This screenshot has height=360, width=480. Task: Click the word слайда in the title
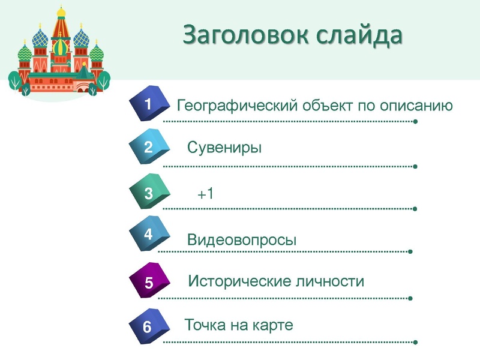[359, 35]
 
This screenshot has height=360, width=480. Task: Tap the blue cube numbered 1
[148, 105]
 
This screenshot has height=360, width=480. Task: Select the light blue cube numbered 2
[148, 148]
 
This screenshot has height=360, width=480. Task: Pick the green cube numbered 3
[148, 193]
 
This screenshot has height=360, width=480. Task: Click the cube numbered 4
[148, 235]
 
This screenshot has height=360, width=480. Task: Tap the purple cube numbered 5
[148, 281]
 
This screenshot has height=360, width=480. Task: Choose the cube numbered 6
[148, 327]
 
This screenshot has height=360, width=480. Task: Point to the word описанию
[415, 106]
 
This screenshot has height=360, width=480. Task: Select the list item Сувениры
[224, 148]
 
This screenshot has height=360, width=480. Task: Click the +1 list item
[205, 194]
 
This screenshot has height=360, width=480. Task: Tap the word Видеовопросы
[242, 241]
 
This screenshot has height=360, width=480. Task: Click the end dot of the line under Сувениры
[415, 166]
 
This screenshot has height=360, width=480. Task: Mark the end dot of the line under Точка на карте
[415, 343]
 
